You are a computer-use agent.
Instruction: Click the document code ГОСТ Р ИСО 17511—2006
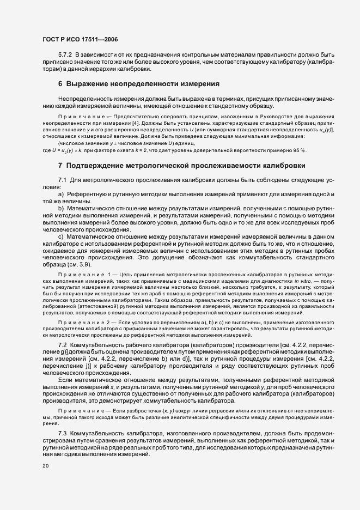click(80, 40)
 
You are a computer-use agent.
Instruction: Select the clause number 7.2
click(63, 345)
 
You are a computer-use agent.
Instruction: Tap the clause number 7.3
click(63, 432)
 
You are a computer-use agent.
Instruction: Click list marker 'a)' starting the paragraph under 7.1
click(61, 195)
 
